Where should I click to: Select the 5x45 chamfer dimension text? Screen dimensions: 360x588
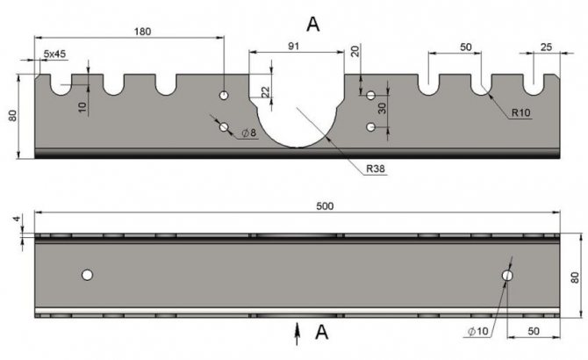(54, 54)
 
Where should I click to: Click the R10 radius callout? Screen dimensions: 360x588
(520, 113)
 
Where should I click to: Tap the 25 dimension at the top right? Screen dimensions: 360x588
(545, 46)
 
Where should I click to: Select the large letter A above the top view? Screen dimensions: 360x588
(312, 24)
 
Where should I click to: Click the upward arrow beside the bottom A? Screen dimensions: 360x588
(298, 330)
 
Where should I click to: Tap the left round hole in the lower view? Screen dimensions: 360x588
(87, 275)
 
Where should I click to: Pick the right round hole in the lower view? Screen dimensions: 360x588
(507, 276)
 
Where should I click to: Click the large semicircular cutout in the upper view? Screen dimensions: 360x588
(296, 114)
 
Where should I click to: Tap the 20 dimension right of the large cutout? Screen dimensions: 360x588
(355, 51)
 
